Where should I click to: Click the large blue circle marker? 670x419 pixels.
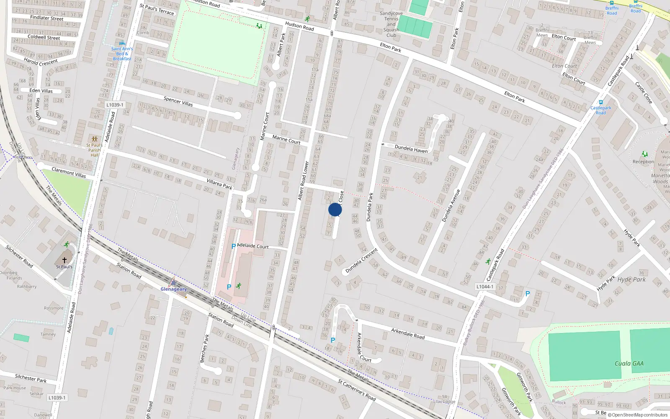(335, 209)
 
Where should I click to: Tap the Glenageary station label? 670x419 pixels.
(173, 289)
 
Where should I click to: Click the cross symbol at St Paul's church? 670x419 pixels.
(64, 260)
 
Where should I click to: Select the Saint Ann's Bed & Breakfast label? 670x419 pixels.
(122, 54)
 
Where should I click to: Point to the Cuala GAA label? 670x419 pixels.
(629, 363)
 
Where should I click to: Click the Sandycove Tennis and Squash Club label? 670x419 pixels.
(391, 24)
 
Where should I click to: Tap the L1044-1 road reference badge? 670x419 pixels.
(485, 287)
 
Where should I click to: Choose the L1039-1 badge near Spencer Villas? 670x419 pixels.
(115, 105)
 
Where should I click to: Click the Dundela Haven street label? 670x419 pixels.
(411, 149)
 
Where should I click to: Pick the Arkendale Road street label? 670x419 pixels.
(408, 334)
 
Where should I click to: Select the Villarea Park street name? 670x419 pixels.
(219, 184)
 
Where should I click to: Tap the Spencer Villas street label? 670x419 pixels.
(178, 101)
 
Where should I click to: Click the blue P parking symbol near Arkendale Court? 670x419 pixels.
(333, 340)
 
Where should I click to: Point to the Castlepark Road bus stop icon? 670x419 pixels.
(601, 102)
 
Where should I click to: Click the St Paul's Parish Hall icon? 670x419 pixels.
(94, 139)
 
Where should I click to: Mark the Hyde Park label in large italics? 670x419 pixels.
(631, 279)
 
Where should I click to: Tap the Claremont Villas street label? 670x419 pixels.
(69, 173)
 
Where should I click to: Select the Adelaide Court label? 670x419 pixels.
(253, 246)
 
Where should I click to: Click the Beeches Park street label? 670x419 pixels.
(204, 348)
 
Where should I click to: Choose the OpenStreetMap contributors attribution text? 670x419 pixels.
(638, 415)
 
